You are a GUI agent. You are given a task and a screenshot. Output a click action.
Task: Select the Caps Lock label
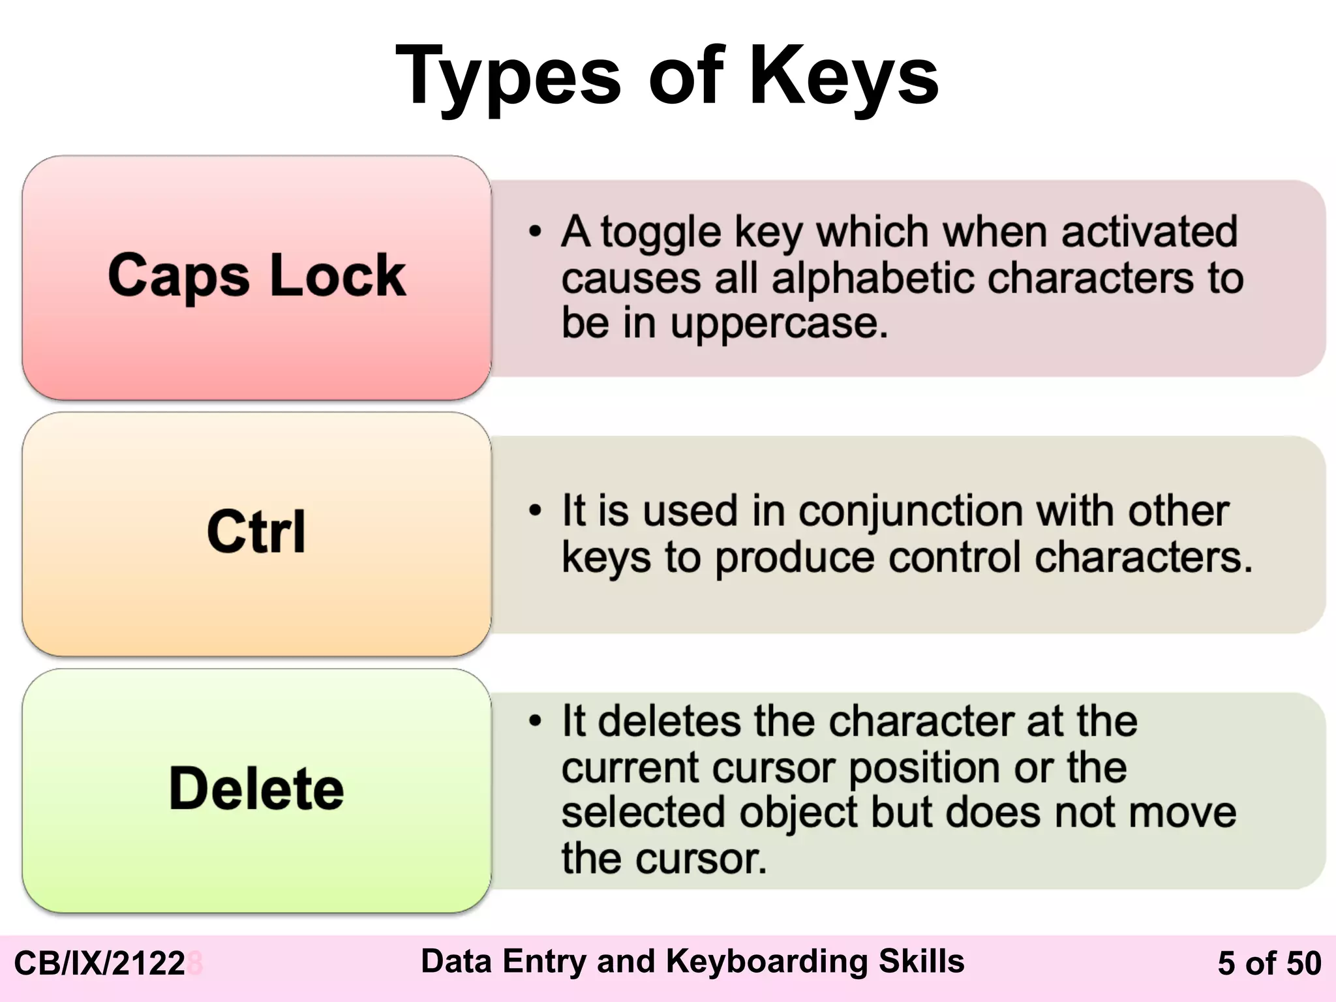point(256,275)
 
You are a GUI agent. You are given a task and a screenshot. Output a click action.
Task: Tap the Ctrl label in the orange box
point(256,531)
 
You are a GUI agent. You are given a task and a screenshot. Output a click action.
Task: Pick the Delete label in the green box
point(256,788)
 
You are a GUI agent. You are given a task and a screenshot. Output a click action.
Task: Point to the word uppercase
point(779,323)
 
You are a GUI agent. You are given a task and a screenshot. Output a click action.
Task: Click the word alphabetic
point(874,278)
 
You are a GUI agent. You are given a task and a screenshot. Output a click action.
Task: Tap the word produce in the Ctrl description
point(795,558)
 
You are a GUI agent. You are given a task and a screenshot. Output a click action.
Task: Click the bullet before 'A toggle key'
point(536,232)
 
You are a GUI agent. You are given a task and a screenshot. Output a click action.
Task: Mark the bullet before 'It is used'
point(536,510)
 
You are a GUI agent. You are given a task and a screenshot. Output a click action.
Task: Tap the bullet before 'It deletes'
point(536,721)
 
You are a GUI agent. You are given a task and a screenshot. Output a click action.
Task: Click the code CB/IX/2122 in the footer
point(100,964)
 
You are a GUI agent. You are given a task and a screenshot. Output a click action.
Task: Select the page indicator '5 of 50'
point(1269,964)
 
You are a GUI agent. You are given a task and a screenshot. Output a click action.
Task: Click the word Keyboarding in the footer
point(768,962)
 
